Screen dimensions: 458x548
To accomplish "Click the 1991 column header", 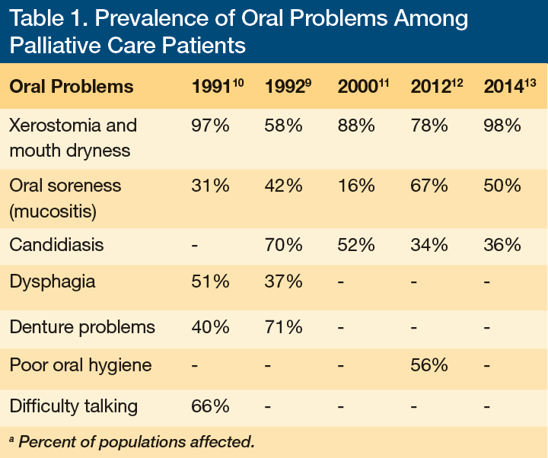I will (x=216, y=86).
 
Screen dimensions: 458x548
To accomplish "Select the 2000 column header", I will (x=363, y=86).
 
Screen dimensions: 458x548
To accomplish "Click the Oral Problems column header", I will (x=71, y=87).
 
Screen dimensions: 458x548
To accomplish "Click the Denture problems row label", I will (x=81, y=327).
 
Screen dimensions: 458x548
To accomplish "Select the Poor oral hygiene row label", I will (x=80, y=366).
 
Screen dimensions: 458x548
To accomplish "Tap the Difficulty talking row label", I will (x=73, y=406).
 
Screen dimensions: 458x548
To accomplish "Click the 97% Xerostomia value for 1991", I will (x=210, y=126).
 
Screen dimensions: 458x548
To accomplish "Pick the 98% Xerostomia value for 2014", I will (x=502, y=126).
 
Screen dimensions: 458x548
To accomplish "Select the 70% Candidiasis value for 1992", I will (x=283, y=245).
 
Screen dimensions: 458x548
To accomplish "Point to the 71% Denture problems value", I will (x=283, y=327).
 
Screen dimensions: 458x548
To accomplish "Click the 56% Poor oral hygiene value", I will (x=429, y=366).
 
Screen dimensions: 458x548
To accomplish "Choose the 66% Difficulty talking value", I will (x=210, y=406).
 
